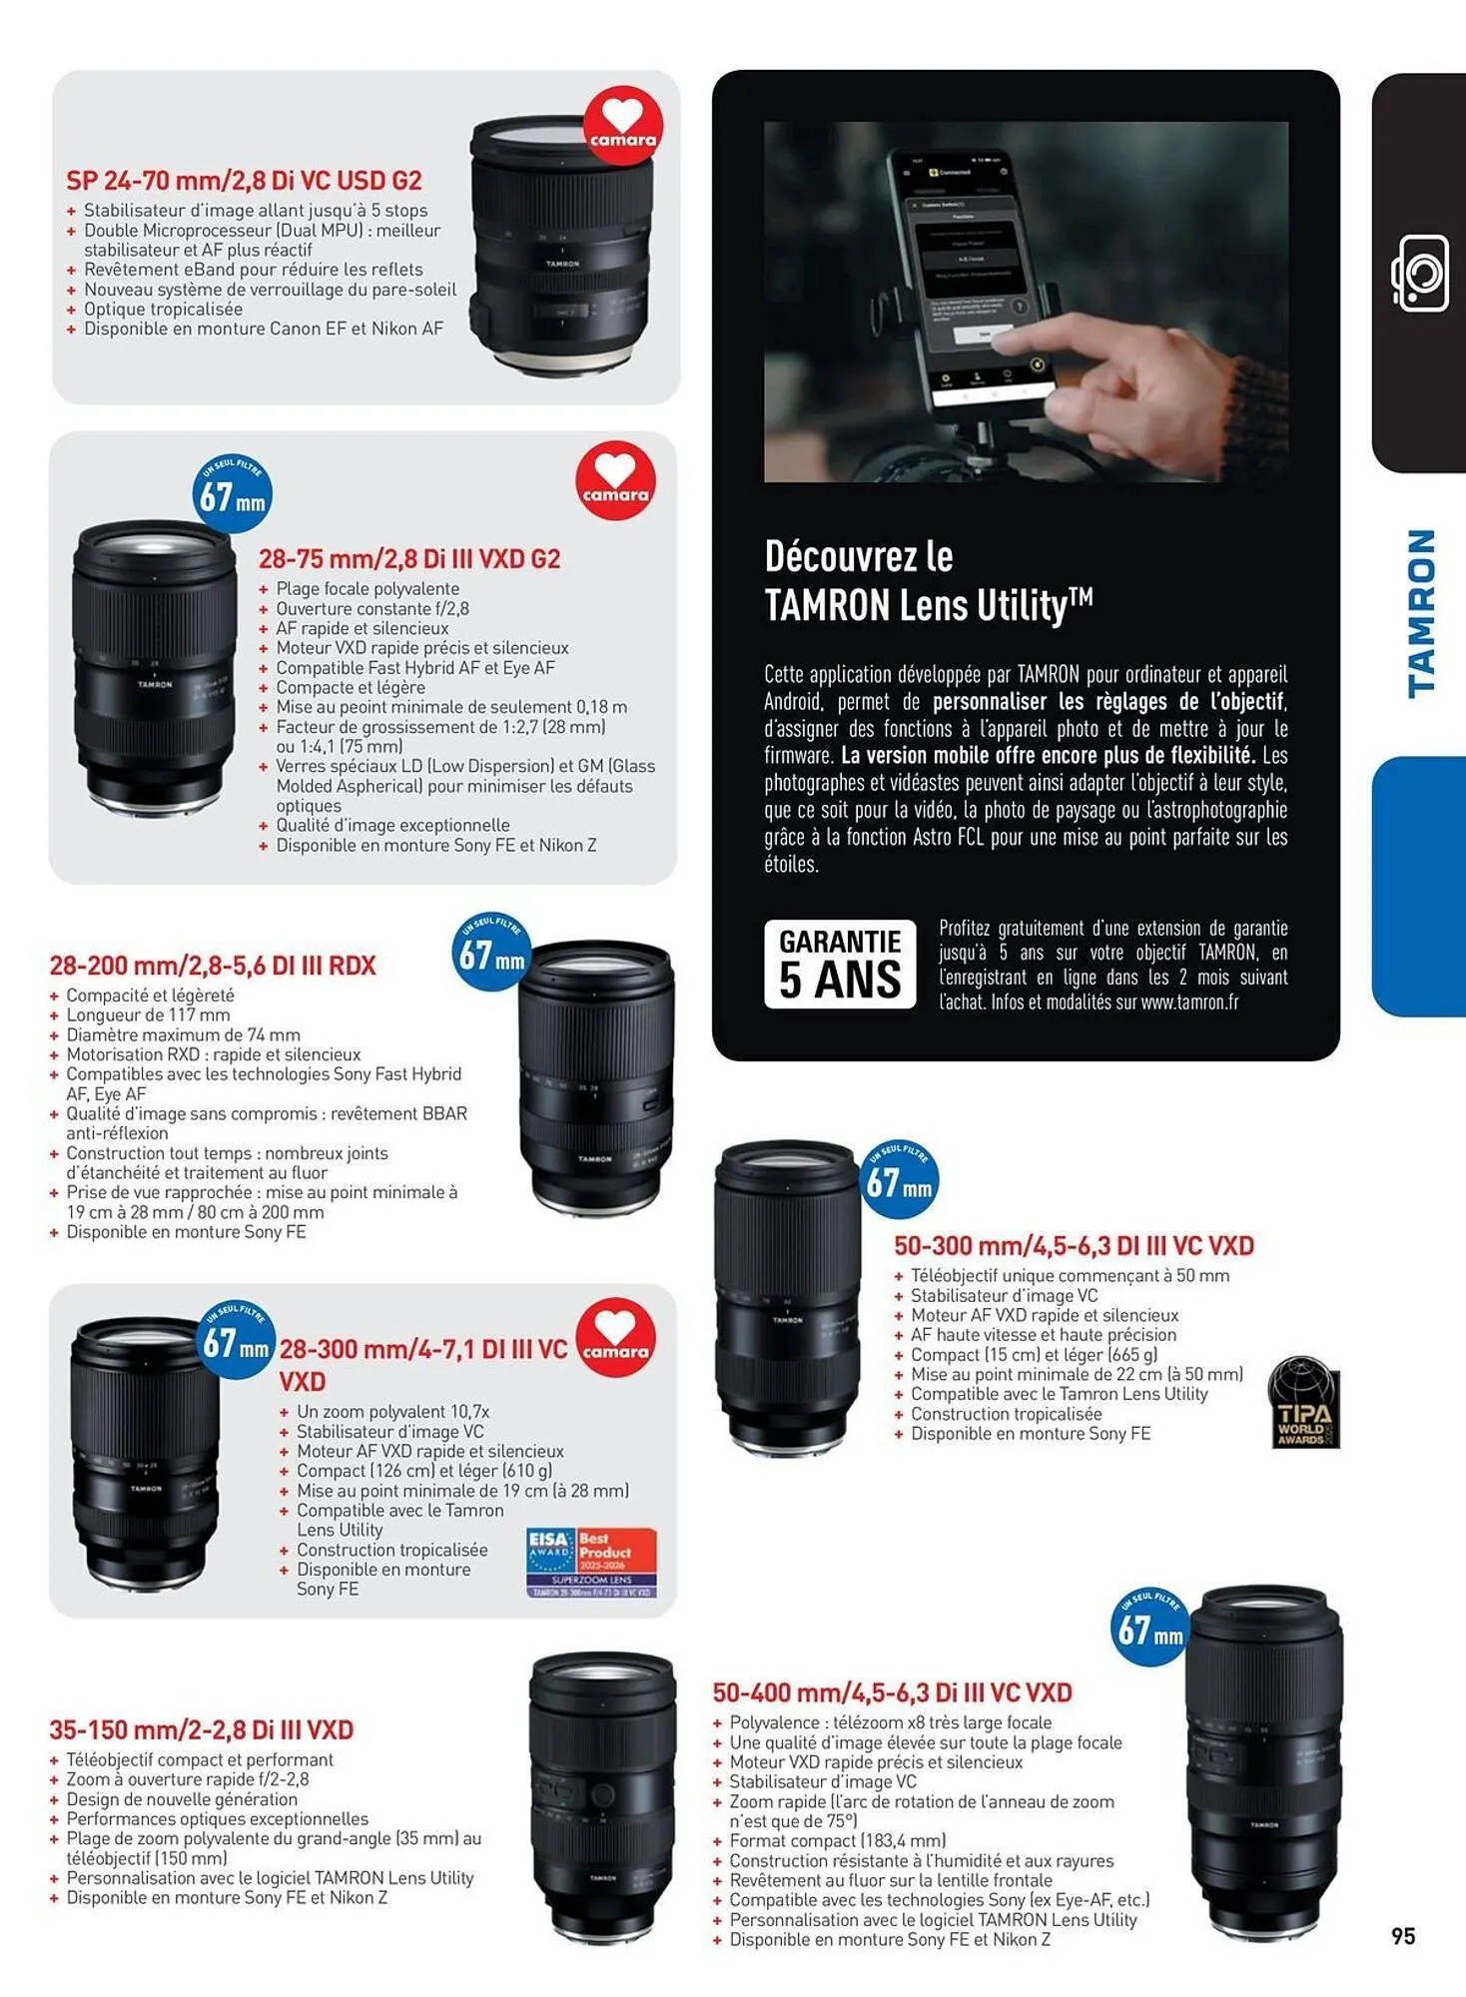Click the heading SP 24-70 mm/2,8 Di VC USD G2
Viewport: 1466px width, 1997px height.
point(244,181)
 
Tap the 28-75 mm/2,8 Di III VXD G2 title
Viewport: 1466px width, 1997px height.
point(409,559)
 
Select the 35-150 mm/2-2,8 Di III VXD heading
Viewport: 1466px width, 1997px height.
point(202,1729)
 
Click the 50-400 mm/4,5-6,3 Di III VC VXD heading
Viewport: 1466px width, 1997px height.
point(892,1692)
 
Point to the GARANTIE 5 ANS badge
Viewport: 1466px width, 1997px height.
point(840,965)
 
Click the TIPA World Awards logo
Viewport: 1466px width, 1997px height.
point(1302,1402)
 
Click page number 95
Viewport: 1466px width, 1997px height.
point(1403,1936)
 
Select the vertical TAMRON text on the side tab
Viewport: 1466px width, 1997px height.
point(1421,612)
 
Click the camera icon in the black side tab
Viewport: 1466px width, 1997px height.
point(1419,274)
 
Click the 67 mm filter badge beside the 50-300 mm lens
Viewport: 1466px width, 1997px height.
point(899,1180)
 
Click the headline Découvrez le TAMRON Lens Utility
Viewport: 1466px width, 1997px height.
point(928,581)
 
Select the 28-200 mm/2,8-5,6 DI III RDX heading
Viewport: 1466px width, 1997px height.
point(213,966)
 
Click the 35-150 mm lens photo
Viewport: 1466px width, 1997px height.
point(602,1797)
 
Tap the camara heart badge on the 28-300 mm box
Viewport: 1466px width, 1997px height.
point(615,1338)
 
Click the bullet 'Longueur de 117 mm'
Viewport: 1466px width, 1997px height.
point(148,1014)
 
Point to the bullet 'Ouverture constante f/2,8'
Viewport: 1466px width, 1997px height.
point(372,608)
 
